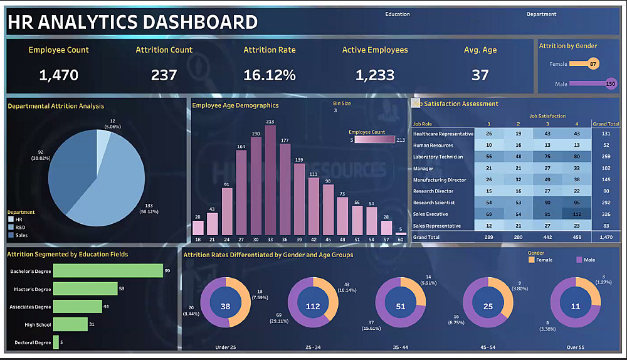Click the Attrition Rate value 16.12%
(x=270, y=75)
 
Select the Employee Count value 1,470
(x=58, y=75)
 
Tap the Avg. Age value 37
(x=480, y=75)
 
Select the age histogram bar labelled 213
(x=270, y=179)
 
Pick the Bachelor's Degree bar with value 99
(x=108, y=271)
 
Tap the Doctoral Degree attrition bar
(x=56, y=342)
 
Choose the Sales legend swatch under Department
(x=11, y=235)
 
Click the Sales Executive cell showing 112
(x=577, y=214)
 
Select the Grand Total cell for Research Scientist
(x=606, y=203)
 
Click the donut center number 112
(x=313, y=307)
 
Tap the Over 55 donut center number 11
(x=576, y=307)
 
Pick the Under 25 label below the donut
(x=225, y=346)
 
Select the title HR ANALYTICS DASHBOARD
(x=132, y=23)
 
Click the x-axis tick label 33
(x=270, y=239)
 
